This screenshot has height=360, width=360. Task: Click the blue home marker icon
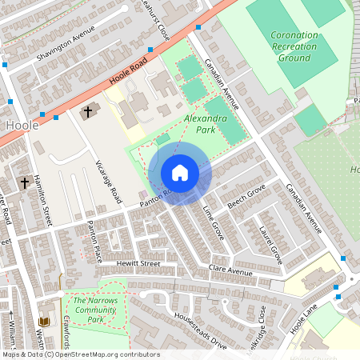click(x=180, y=173)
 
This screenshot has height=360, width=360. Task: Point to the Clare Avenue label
click(x=230, y=270)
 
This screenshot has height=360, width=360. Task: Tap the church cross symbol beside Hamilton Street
click(x=26, y=182)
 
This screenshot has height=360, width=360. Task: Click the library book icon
click(x=43, y=322)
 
